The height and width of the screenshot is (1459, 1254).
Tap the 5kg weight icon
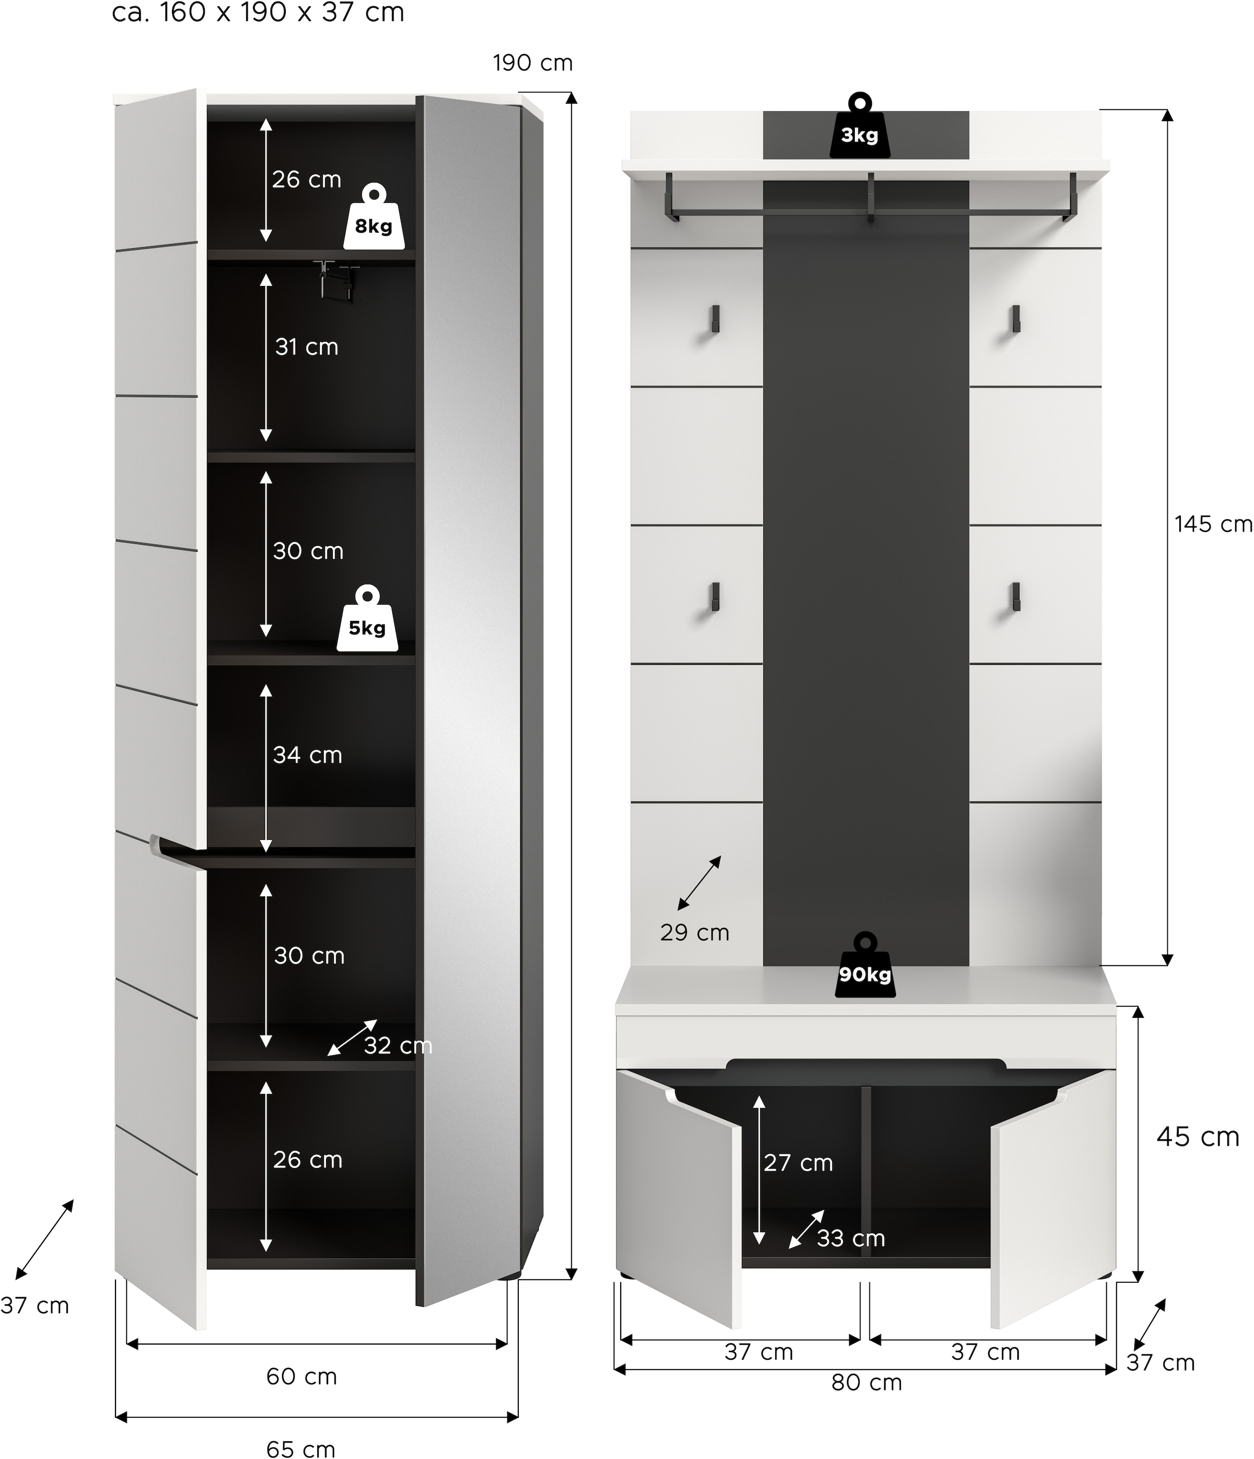point(367,620)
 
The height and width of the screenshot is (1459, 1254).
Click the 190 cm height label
point(532,63)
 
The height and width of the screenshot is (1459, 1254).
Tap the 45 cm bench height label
point(1198,1137)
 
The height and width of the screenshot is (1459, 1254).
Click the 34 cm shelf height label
point(308,755)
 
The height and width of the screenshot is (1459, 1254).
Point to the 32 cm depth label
point(398,1046)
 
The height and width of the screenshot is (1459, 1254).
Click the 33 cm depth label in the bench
point(851,1238)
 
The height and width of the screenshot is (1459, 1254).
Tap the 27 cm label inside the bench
point(798,1163)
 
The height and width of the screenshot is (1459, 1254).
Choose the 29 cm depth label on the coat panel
point(694,932)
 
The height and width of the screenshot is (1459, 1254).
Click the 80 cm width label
point(866,1382)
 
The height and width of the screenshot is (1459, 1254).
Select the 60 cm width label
point(301,1376)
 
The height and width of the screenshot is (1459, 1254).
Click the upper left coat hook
point(715,319)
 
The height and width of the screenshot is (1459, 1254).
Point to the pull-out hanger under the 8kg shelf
point(336,279)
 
